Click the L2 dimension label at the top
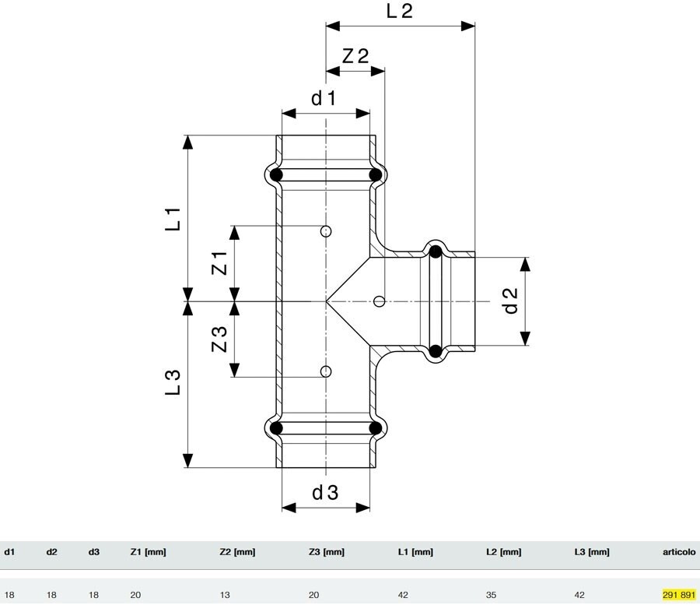400,11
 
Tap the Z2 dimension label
355,56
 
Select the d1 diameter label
324,98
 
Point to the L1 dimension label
173,219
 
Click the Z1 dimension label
219,263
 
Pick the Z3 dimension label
219,339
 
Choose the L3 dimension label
173,382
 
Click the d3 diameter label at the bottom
325,492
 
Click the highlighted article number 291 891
678,595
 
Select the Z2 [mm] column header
237,552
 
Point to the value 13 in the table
225,595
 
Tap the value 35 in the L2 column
491,595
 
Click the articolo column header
678,552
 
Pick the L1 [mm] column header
415,552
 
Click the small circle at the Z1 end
326,231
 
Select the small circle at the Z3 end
326,371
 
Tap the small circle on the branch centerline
379,301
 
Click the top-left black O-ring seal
276,174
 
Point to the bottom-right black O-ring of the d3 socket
376,428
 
